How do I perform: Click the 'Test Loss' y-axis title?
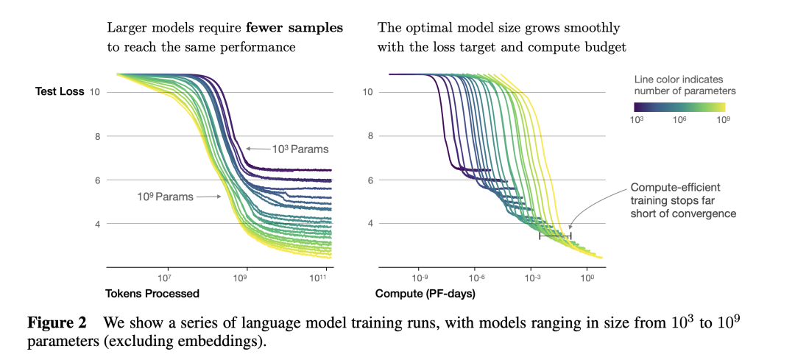[60, 92]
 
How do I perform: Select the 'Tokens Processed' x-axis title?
[153, 294]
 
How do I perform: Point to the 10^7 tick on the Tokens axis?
[165, 278]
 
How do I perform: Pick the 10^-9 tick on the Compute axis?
[420, 278]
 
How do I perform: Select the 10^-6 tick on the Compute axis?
[476, 278]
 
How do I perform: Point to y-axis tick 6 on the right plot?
[370, 180]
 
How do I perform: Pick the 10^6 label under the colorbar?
[681, 120]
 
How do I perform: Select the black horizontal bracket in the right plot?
[555, 236]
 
